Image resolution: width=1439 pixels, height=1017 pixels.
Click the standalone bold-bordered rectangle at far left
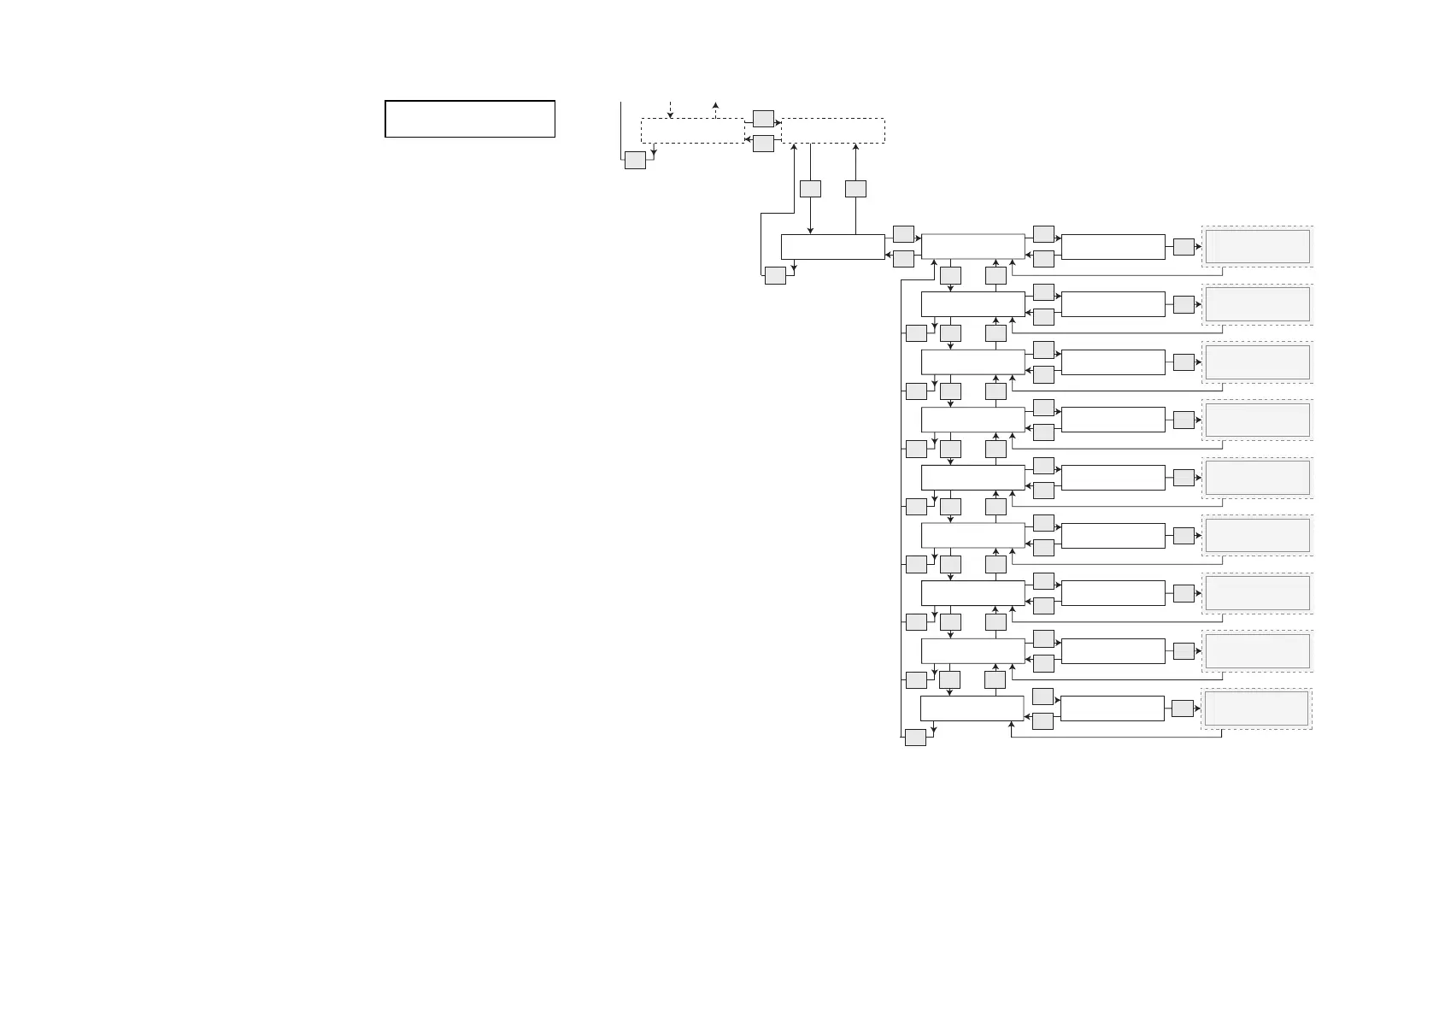point(470,119)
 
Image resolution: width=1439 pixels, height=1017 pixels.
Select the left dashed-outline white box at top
point(692,131)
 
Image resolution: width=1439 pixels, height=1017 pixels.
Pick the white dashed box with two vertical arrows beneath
point(833,131)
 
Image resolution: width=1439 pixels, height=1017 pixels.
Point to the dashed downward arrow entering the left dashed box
point(671,109)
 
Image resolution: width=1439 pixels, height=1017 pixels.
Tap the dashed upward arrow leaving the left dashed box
point(715,109)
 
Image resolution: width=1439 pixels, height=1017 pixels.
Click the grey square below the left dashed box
point(635,160)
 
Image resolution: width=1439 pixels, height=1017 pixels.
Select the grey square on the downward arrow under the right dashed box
point(810,188)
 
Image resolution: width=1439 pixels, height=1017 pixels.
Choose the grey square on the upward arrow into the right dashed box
point(855,188)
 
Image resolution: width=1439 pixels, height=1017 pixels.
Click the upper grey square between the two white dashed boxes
point(763,119)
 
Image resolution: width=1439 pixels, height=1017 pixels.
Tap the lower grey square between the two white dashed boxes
point(763,144)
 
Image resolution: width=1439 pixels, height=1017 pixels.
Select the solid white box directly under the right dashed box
point(832,246)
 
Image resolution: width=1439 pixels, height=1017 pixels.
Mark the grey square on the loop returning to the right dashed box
point(775,275)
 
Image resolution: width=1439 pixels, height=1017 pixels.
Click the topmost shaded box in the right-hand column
point(1257,246)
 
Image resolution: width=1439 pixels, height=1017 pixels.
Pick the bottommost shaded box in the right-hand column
point(1256,708)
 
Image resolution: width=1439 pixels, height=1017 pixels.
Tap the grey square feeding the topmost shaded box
point(1184,246)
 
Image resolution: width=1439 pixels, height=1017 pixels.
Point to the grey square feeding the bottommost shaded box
point(1182,708)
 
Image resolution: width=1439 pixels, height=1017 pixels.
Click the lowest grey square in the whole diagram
point(915,738)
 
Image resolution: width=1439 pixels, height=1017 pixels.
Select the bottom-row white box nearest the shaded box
point(1112,708)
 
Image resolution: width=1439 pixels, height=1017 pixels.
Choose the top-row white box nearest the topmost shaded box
point(1113,246)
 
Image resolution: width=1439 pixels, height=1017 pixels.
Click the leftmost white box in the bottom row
point(972,708)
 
